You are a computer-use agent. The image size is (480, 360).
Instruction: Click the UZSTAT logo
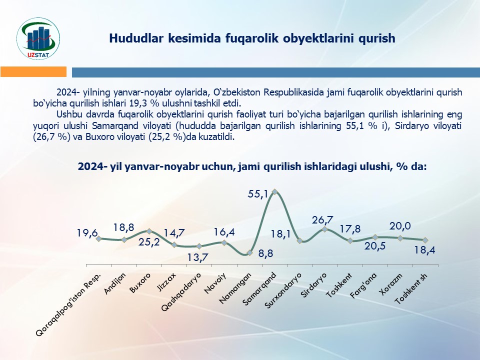38,38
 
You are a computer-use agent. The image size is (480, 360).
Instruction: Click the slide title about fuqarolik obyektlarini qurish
252,38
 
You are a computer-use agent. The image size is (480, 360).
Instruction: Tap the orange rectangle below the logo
33,72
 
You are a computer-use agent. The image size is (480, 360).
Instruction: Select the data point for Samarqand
274,191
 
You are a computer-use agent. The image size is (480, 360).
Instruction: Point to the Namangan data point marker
249,252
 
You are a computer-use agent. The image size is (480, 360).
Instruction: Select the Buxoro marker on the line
149,231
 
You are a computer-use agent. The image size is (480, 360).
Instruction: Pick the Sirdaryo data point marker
324,229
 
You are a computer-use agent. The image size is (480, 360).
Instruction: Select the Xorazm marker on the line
400,238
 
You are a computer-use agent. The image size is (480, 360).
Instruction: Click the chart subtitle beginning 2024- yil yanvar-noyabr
252,167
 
